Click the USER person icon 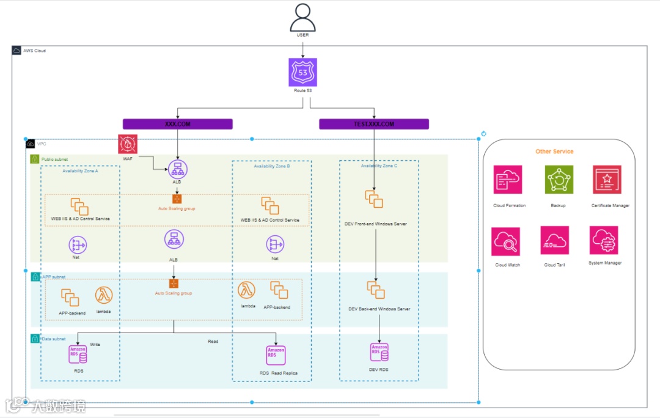pyautogui.click(x=303, y=17)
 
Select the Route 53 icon pyautogui.click(x=303, y=72)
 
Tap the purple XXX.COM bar pyautogui.click(x=177, y=124)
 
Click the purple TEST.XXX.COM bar pyautogui.click(x=374, y=124)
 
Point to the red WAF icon pyautogui.click(x=128, y=145)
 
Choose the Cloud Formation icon pyautogui.click(x=508, y=180)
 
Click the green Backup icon pyautogui.click(x=559, y=180)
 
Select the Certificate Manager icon pyautogui.click(x=607, y=180)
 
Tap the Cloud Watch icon pyautogui.click(x=506, y=241)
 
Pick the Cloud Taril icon pyautogui.click(x=554, y=240)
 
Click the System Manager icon pyautogui.click(x=604, y=240)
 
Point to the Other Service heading pyautogui.click(x=554, y=152)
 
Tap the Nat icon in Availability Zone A pyautogui.click(x=78, y=244)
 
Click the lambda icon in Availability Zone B pyautogui.click(x=248, y=290)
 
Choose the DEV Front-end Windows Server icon pyautogui.click(x=374, y=199)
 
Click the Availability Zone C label pyautogui.click(x=379, y=166)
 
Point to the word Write pyautogui.click(x=95, y=345)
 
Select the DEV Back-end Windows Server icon pyautogui.click(x=376, y=290)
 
